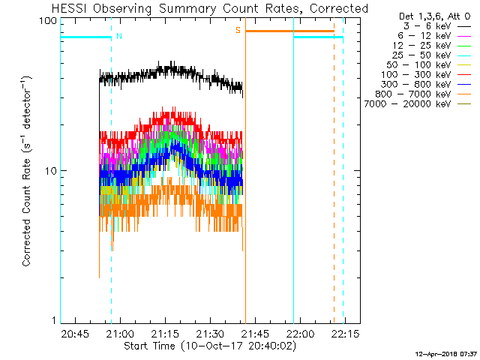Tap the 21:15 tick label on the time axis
pyautogui.click(x=165, y=333)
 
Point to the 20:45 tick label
pyautogui.click(x=75, y=333)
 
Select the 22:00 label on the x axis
pyautogui.click(x=300, y=333)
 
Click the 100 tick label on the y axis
pyautogui.click(x=48, y=21)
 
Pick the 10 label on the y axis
pyautogui.click(x=51, y=171)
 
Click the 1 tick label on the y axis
pyautogui.click(x=55, y=320)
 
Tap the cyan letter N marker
pyautogui.click(x=119, y=37)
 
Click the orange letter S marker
pyautogui.click(x=238, y=30)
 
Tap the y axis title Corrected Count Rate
pyautogui.click(x=26, y=212)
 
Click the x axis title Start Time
pyautogui.click(x=150, y=346)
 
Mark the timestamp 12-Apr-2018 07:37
pyautogui.click(x=446, y=354)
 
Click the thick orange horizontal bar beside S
pyautogui.click(x=289, y=31)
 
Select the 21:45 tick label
pyautogui.click(x=255, y=333)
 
